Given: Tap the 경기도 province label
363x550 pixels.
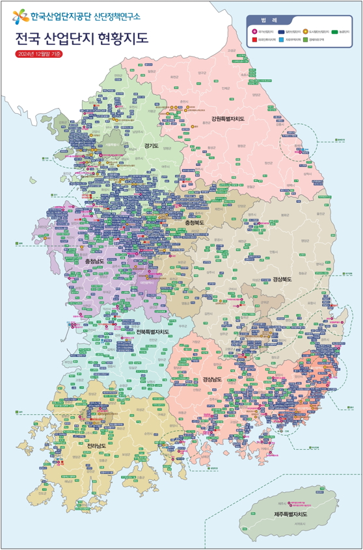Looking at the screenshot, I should (152, 146).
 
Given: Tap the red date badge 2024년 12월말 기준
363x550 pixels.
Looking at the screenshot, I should (39, 54).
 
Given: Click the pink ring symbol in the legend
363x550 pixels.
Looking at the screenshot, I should (254, 31).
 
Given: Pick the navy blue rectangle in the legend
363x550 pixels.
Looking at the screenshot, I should (281, 31).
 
